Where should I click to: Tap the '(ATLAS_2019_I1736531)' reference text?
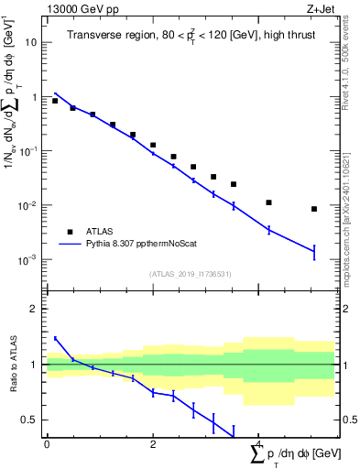(x=189, y=274)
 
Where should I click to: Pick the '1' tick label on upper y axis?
(x=35, y=97)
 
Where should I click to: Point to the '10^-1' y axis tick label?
(x=30, y=151)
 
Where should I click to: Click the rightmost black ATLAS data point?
(x=314, y=209)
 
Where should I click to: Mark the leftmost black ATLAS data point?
(x=55, y=101)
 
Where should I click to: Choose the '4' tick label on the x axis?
(x=260, y=444)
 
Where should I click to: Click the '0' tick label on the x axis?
(x=47, y=444)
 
